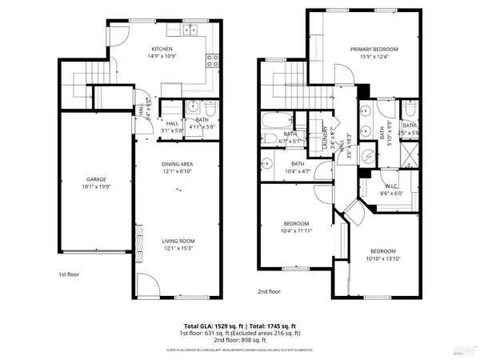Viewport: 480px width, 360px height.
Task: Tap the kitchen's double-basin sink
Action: coord(190,31)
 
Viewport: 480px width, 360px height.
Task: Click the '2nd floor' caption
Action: coord(269,291)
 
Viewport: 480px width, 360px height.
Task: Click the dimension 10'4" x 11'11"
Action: coord(297,230)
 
